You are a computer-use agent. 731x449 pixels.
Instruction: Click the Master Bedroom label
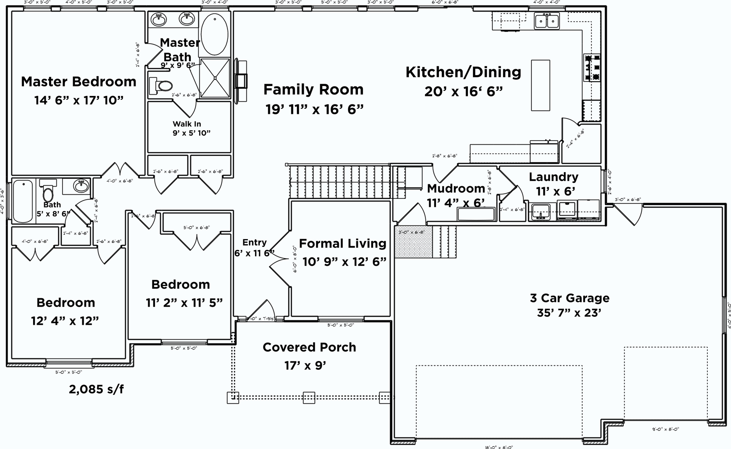click(x=78, y=81)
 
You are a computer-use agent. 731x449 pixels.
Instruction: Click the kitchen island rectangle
click(x=540, y=85)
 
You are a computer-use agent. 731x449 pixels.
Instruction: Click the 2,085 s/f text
click(x=96, y=389)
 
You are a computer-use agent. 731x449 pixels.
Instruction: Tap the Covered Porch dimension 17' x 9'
click(x=305, y=366)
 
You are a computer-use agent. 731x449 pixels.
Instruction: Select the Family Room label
click(x=313, y=89)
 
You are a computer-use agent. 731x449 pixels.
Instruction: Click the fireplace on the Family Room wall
click(x=241, y=81)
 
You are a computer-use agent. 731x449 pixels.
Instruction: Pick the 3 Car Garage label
click(x=570, y=298)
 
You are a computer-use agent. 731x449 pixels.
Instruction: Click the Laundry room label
click(x=553, y=177)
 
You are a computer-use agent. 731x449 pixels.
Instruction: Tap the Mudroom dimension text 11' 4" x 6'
click(x=456, y=203)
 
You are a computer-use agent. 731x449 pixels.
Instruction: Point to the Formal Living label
click(x=342, y=243)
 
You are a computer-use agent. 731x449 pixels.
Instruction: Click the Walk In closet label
click(x=187, y=124)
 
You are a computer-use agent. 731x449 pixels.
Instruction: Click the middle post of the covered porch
click(x=309, y=398)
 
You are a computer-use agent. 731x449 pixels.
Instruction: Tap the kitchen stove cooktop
click(x=592, y=68)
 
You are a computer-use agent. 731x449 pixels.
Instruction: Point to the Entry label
click(x=254, y=243)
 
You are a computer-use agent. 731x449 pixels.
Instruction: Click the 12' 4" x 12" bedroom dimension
click(x=65, y=321)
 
